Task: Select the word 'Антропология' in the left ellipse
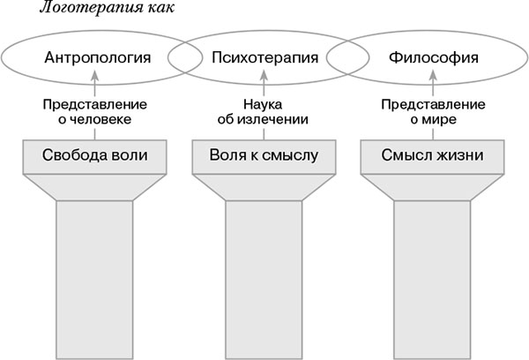point(95,59)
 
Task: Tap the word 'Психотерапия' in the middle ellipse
point(264,59)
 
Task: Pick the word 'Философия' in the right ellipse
point(434,59)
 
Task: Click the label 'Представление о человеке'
point(94,112)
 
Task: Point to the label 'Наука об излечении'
point(264,112)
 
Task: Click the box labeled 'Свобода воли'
point(94,156)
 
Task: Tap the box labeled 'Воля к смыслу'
point(264,156)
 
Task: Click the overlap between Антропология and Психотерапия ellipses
point(180,59)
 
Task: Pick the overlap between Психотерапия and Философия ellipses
point(349,59)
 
